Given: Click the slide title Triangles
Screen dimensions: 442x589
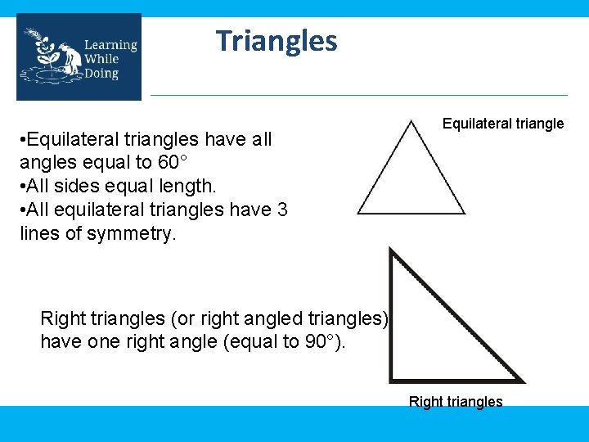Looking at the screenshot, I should coord(277,40).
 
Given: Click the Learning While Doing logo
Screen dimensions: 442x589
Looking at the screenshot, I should coord(79,57).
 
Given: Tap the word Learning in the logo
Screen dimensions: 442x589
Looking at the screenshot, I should coord(110,45).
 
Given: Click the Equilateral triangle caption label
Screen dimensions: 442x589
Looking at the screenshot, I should coord(502,124).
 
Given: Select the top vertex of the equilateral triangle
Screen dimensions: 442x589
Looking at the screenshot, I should coord(412,121).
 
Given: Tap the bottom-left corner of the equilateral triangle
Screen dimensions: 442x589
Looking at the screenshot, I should coord(359,213).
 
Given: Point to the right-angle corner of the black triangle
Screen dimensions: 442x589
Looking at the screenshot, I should coord(393,379).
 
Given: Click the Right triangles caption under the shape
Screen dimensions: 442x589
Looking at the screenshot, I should coord(456,402).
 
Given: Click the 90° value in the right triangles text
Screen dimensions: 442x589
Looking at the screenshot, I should coord(322,341).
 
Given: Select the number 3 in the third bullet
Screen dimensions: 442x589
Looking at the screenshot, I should coord(281,210).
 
